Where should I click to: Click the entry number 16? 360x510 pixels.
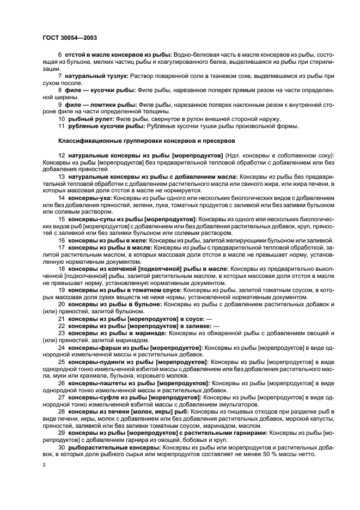pos(62,240)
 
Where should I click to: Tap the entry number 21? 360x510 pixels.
pos(62,318)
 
